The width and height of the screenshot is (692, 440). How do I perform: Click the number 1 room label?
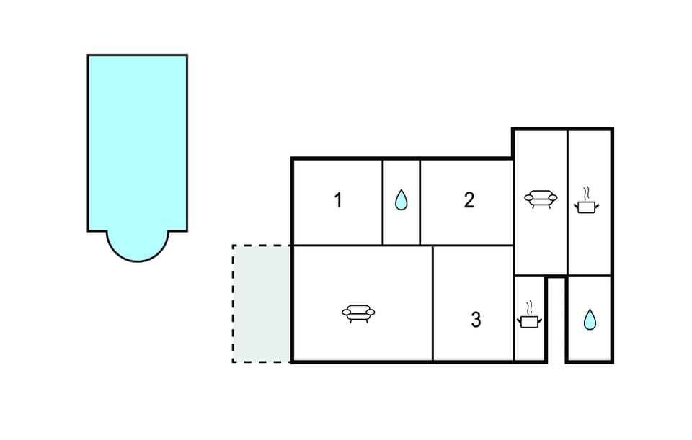click(338, 200)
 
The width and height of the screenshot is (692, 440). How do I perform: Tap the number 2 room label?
click(469, 200)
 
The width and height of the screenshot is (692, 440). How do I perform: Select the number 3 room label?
click(476, 320)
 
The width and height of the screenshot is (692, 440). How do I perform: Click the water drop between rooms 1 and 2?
click(402, 199)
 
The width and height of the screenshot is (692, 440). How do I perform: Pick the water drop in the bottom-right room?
click(590, 320)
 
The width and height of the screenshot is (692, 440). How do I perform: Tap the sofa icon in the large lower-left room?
click(358, 313)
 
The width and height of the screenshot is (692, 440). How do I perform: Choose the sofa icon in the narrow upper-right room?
click(541, 199)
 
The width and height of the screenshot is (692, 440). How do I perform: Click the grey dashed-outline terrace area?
click(261, 304)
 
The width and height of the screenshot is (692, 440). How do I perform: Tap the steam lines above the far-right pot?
click(587, 193)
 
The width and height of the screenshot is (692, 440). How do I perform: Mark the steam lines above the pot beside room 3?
click(529, 307)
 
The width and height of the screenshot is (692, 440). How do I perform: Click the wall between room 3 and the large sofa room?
click(433, 303)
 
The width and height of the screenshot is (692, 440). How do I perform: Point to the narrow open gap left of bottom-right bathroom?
click(556, 320)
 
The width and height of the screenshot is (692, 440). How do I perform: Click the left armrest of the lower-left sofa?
click(347, 313)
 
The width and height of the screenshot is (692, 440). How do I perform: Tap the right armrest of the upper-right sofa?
click(553, 198)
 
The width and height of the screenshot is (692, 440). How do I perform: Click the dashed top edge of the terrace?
click(261, 245)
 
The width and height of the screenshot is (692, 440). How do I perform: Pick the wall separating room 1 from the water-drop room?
click(382, 202)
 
